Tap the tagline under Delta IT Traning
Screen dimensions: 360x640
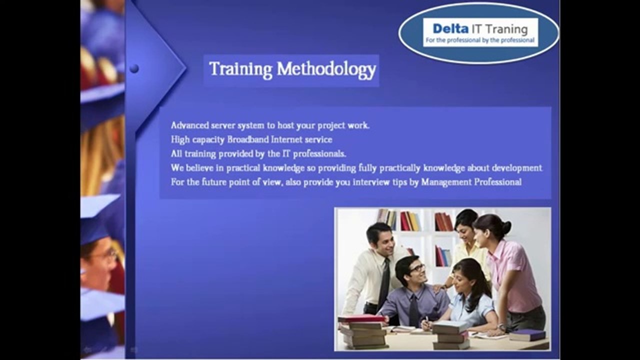click(479, 40)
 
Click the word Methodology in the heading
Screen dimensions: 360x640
click(326, 69)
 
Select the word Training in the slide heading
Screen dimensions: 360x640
click(240, 69)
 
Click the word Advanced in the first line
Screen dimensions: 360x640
click(188, 125)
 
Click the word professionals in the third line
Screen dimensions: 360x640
click(321, 153)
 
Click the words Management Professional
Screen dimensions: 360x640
click(471, 182)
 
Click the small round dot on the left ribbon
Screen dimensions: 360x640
click(134, 68)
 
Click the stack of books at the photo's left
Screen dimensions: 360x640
click(362, 332)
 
